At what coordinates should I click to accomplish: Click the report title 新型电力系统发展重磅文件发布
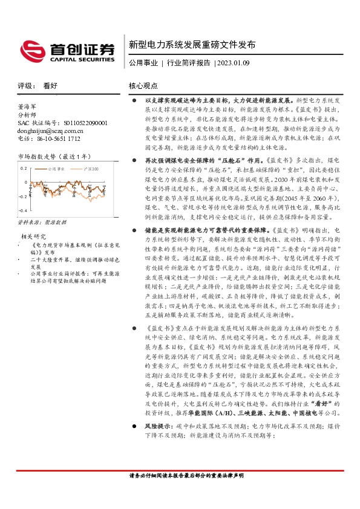tap(192, 45)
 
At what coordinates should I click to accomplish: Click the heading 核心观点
tap(143, 86)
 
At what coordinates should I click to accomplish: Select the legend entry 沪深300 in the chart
tap(90, 170)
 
